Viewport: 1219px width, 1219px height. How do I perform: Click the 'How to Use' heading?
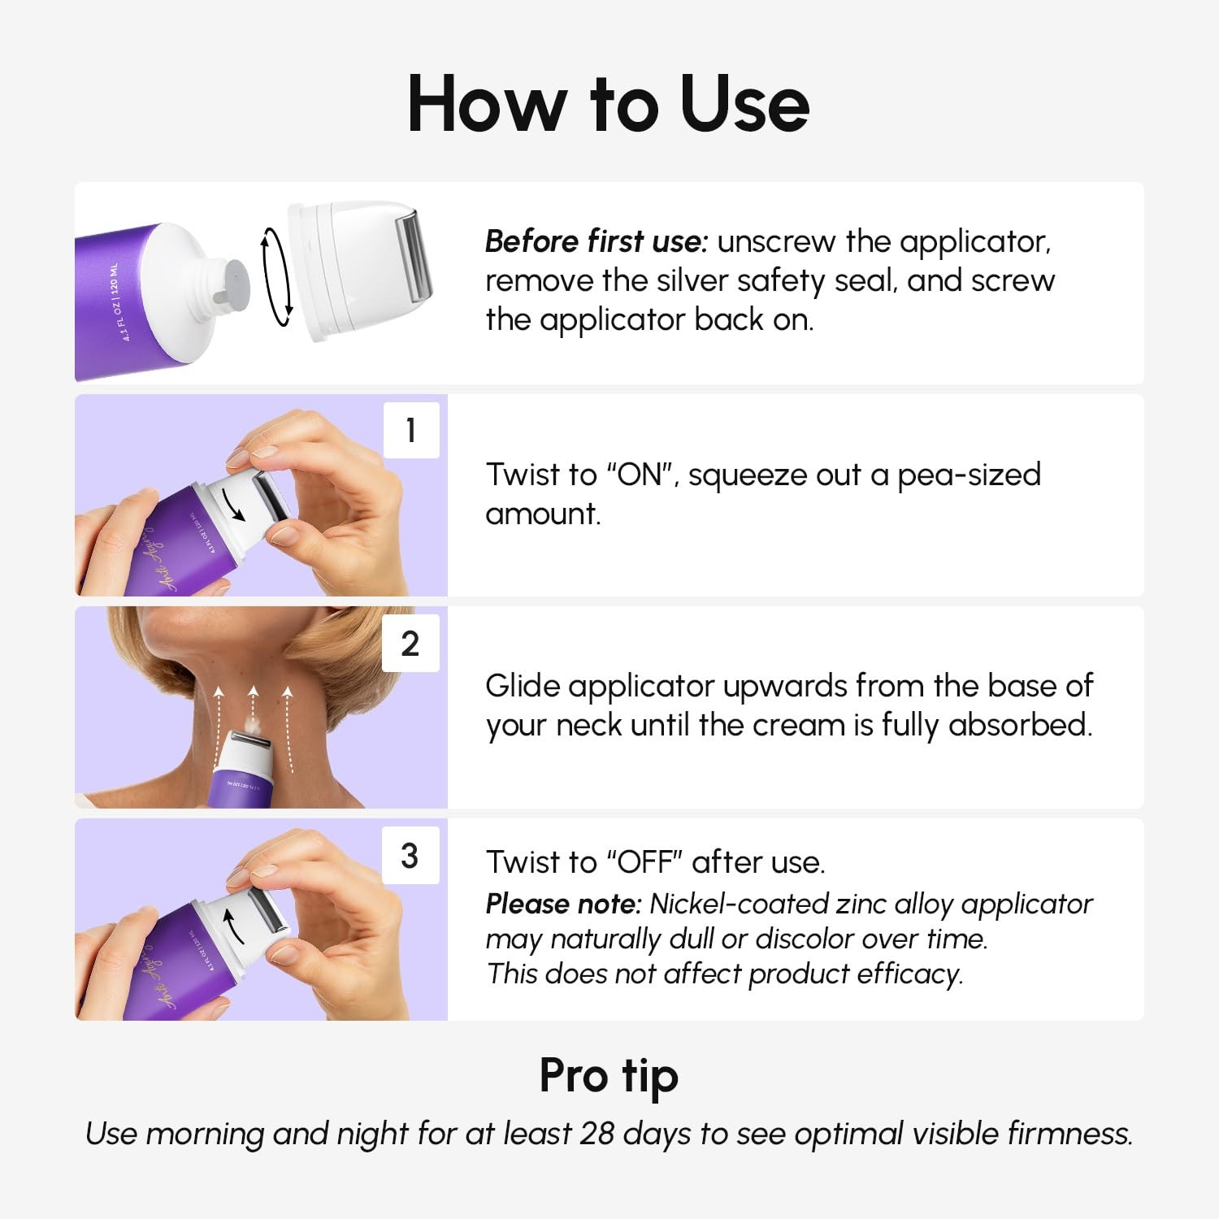click(x=608, y=103)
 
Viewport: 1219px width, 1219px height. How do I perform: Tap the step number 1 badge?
click(x=411, y=430)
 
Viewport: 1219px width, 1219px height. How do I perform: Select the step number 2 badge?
click(x=410, y=644)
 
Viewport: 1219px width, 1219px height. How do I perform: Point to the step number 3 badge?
click(x=410, y=856)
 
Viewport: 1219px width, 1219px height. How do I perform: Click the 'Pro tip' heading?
click(x=609, y=1076)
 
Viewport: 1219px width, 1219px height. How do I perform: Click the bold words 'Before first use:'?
click(x=596, y=241)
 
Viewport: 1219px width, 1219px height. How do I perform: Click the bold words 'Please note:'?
click(x=563, y=904)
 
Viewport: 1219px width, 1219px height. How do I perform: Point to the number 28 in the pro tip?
click(x=596, y=1134)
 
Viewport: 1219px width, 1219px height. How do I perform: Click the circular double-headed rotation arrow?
click(x=276, y=277)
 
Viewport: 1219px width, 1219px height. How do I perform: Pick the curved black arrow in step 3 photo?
click(x=233, y=926)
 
